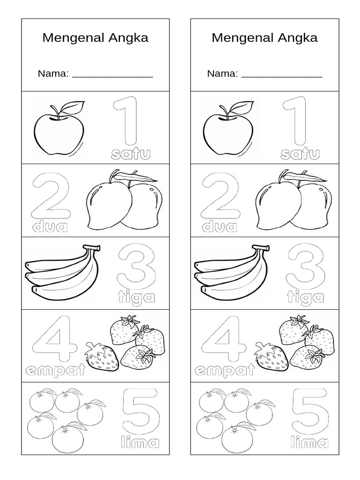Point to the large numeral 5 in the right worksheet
(306, 411)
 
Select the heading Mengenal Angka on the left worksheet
(95, 38)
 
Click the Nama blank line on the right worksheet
(281, 75)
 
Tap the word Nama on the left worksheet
(53, 74)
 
